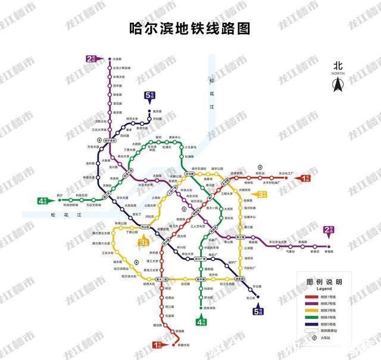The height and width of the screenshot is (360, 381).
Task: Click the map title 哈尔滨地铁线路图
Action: [190, 28]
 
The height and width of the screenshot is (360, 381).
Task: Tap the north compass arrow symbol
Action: [338, 85]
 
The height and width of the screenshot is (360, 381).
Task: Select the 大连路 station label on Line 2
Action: [117, 59]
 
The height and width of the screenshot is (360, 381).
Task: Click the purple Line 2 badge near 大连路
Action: [93, 58]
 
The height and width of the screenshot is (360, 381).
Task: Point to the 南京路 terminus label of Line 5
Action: [158, 111]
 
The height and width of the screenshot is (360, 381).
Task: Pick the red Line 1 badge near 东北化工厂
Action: [304, 178]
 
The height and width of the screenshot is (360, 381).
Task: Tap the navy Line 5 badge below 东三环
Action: [258, 310]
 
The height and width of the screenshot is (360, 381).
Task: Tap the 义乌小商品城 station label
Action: [121, 67]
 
